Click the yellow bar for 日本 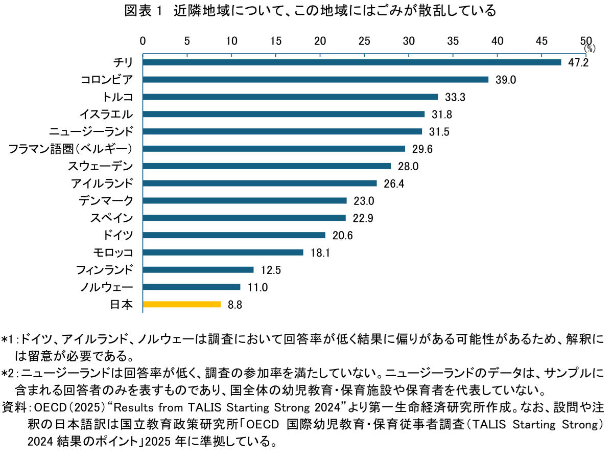[182, 304]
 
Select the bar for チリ [352, 62]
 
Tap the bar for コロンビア [316, 80]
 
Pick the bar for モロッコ [223, 253]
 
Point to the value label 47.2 [579, 63]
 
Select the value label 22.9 [363, 218]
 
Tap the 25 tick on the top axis [364, 40]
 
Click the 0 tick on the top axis [143, 40]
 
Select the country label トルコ [118, 97]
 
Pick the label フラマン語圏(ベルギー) [71, 149]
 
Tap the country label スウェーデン [101, 166]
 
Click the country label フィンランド [104, 270]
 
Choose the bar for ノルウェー [192, 287]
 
